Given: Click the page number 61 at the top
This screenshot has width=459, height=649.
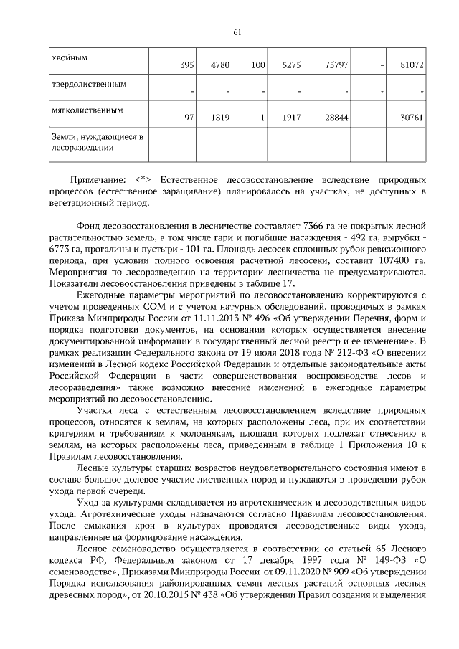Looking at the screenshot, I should tap(237, 32).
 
